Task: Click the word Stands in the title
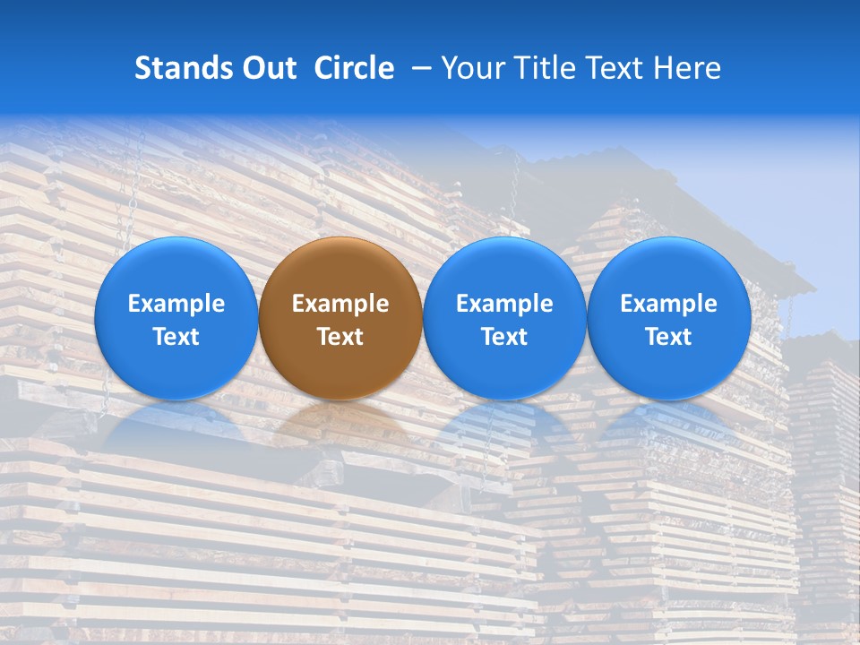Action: tap(182, 68)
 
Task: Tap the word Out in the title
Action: tap(268, 68)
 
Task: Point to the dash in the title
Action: tap(418, 69)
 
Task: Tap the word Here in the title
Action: tap(686, 68)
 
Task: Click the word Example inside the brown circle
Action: tap(340, 305)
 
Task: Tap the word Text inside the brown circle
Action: tap(340, 338)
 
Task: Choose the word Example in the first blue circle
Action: tap(176, 305)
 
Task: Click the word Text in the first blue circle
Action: tap(176, 338)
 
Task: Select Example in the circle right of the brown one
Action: tap(504, 305)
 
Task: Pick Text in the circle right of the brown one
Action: tap(504, 338)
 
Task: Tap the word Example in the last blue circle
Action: tap(668, 305)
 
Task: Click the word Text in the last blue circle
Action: tap(668, 338)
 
